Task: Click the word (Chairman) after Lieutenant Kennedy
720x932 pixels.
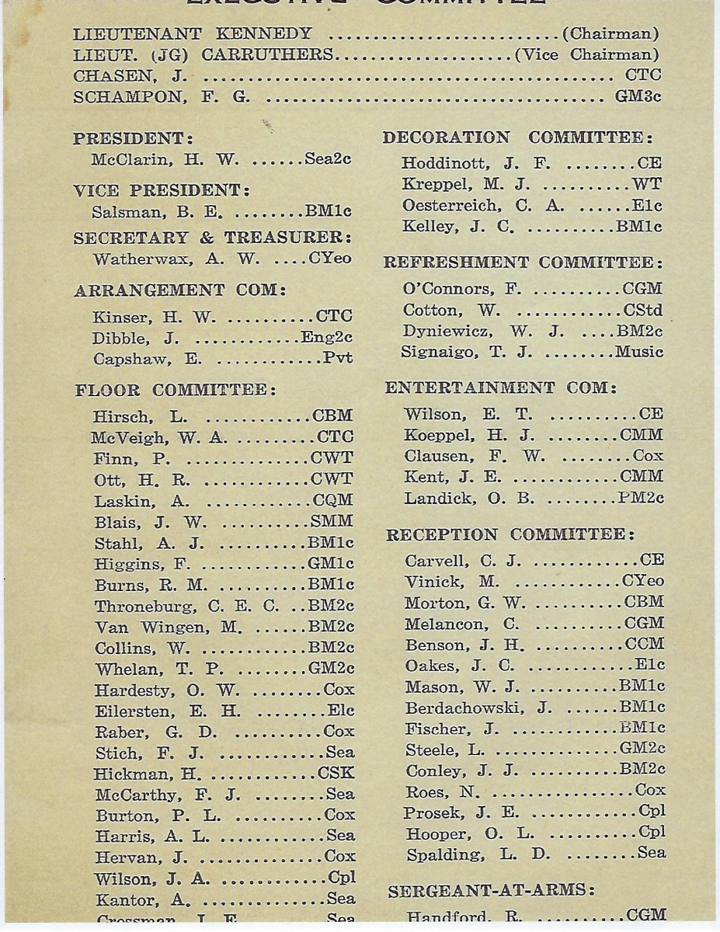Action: [x=610, y=34]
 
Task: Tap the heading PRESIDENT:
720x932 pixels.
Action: [x=133, y=139]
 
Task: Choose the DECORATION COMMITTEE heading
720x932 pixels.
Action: [x=518, y=137]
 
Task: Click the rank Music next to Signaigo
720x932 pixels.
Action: [x=639, y=352]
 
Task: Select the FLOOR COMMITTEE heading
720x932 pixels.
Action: [x=175, y=389]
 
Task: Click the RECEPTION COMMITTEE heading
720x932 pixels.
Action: [x=510, y=535]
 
